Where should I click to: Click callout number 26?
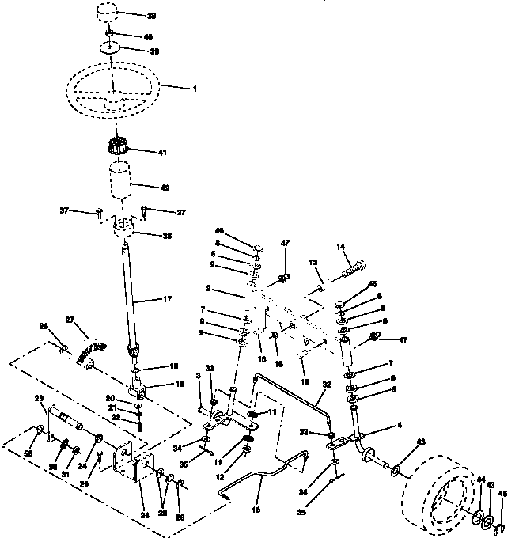pos(44,326)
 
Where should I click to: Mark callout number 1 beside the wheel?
pos(193,89)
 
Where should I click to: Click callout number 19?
pos(178,383)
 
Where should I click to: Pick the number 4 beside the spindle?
pos(398,426)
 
